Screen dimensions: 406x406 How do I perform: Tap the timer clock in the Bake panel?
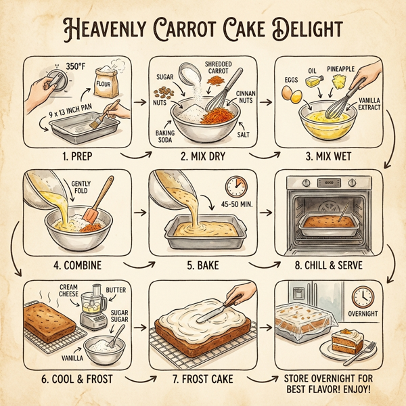coord(235,187)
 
